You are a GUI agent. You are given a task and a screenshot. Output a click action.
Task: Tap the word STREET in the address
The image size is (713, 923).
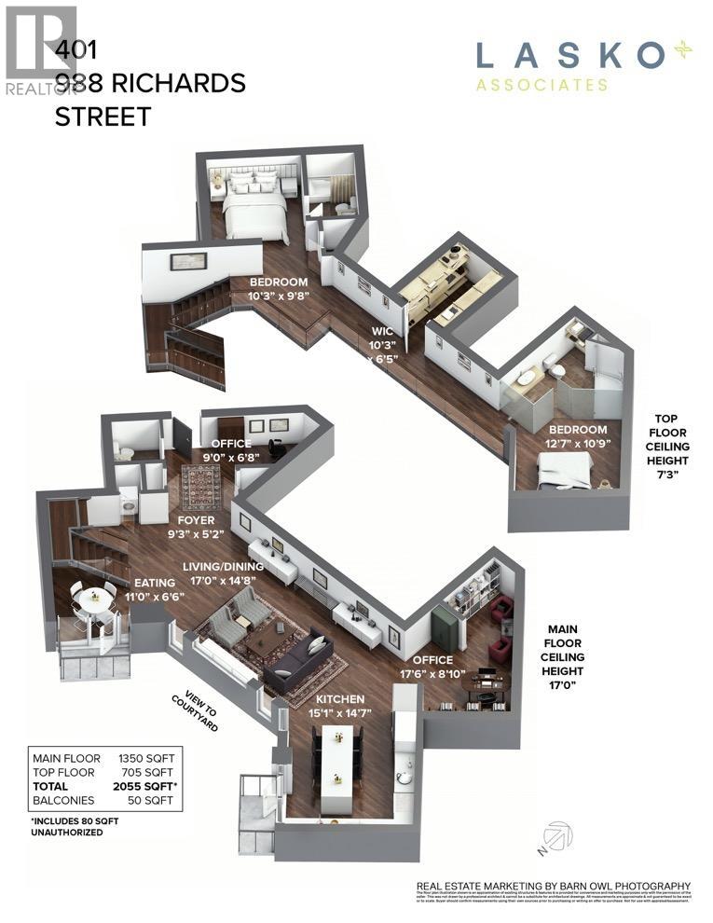coord(103,117)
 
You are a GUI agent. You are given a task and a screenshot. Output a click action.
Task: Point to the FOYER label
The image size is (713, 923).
coord(192,520)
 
